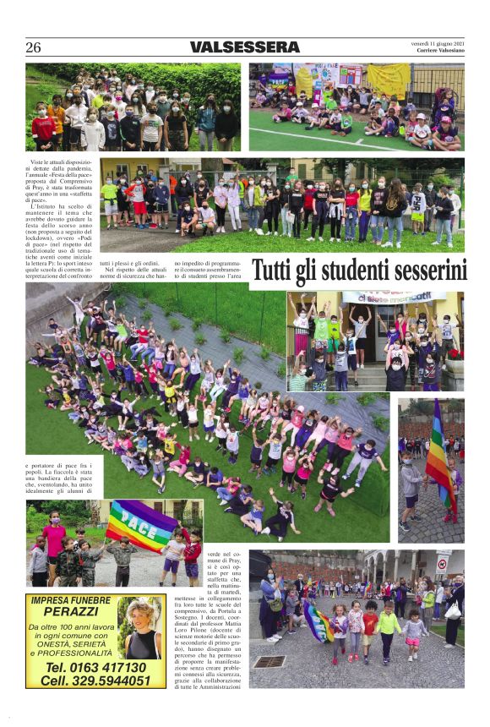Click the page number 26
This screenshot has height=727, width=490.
coord(33,47)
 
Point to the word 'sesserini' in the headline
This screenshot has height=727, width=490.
coord(431,271)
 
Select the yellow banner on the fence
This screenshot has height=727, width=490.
coord(388,79)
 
